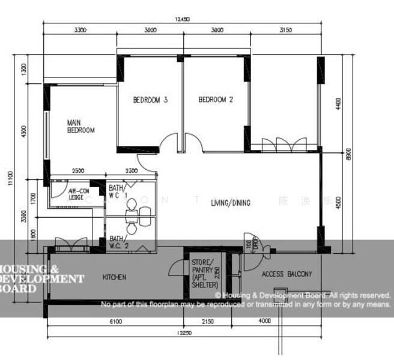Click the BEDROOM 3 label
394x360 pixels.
pos(150,100)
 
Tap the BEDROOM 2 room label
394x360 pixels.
pos(216,100)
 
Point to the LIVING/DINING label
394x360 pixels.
pos(231,203)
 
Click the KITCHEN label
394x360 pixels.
pos(114,277)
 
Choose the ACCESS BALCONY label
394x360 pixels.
pos(287,274)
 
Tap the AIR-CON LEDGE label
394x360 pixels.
pos(76,193)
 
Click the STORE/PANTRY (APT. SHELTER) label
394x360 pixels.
pos(202,274)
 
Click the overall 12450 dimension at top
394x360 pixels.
pos(182,20)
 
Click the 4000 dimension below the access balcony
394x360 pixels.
pos(265,322)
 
